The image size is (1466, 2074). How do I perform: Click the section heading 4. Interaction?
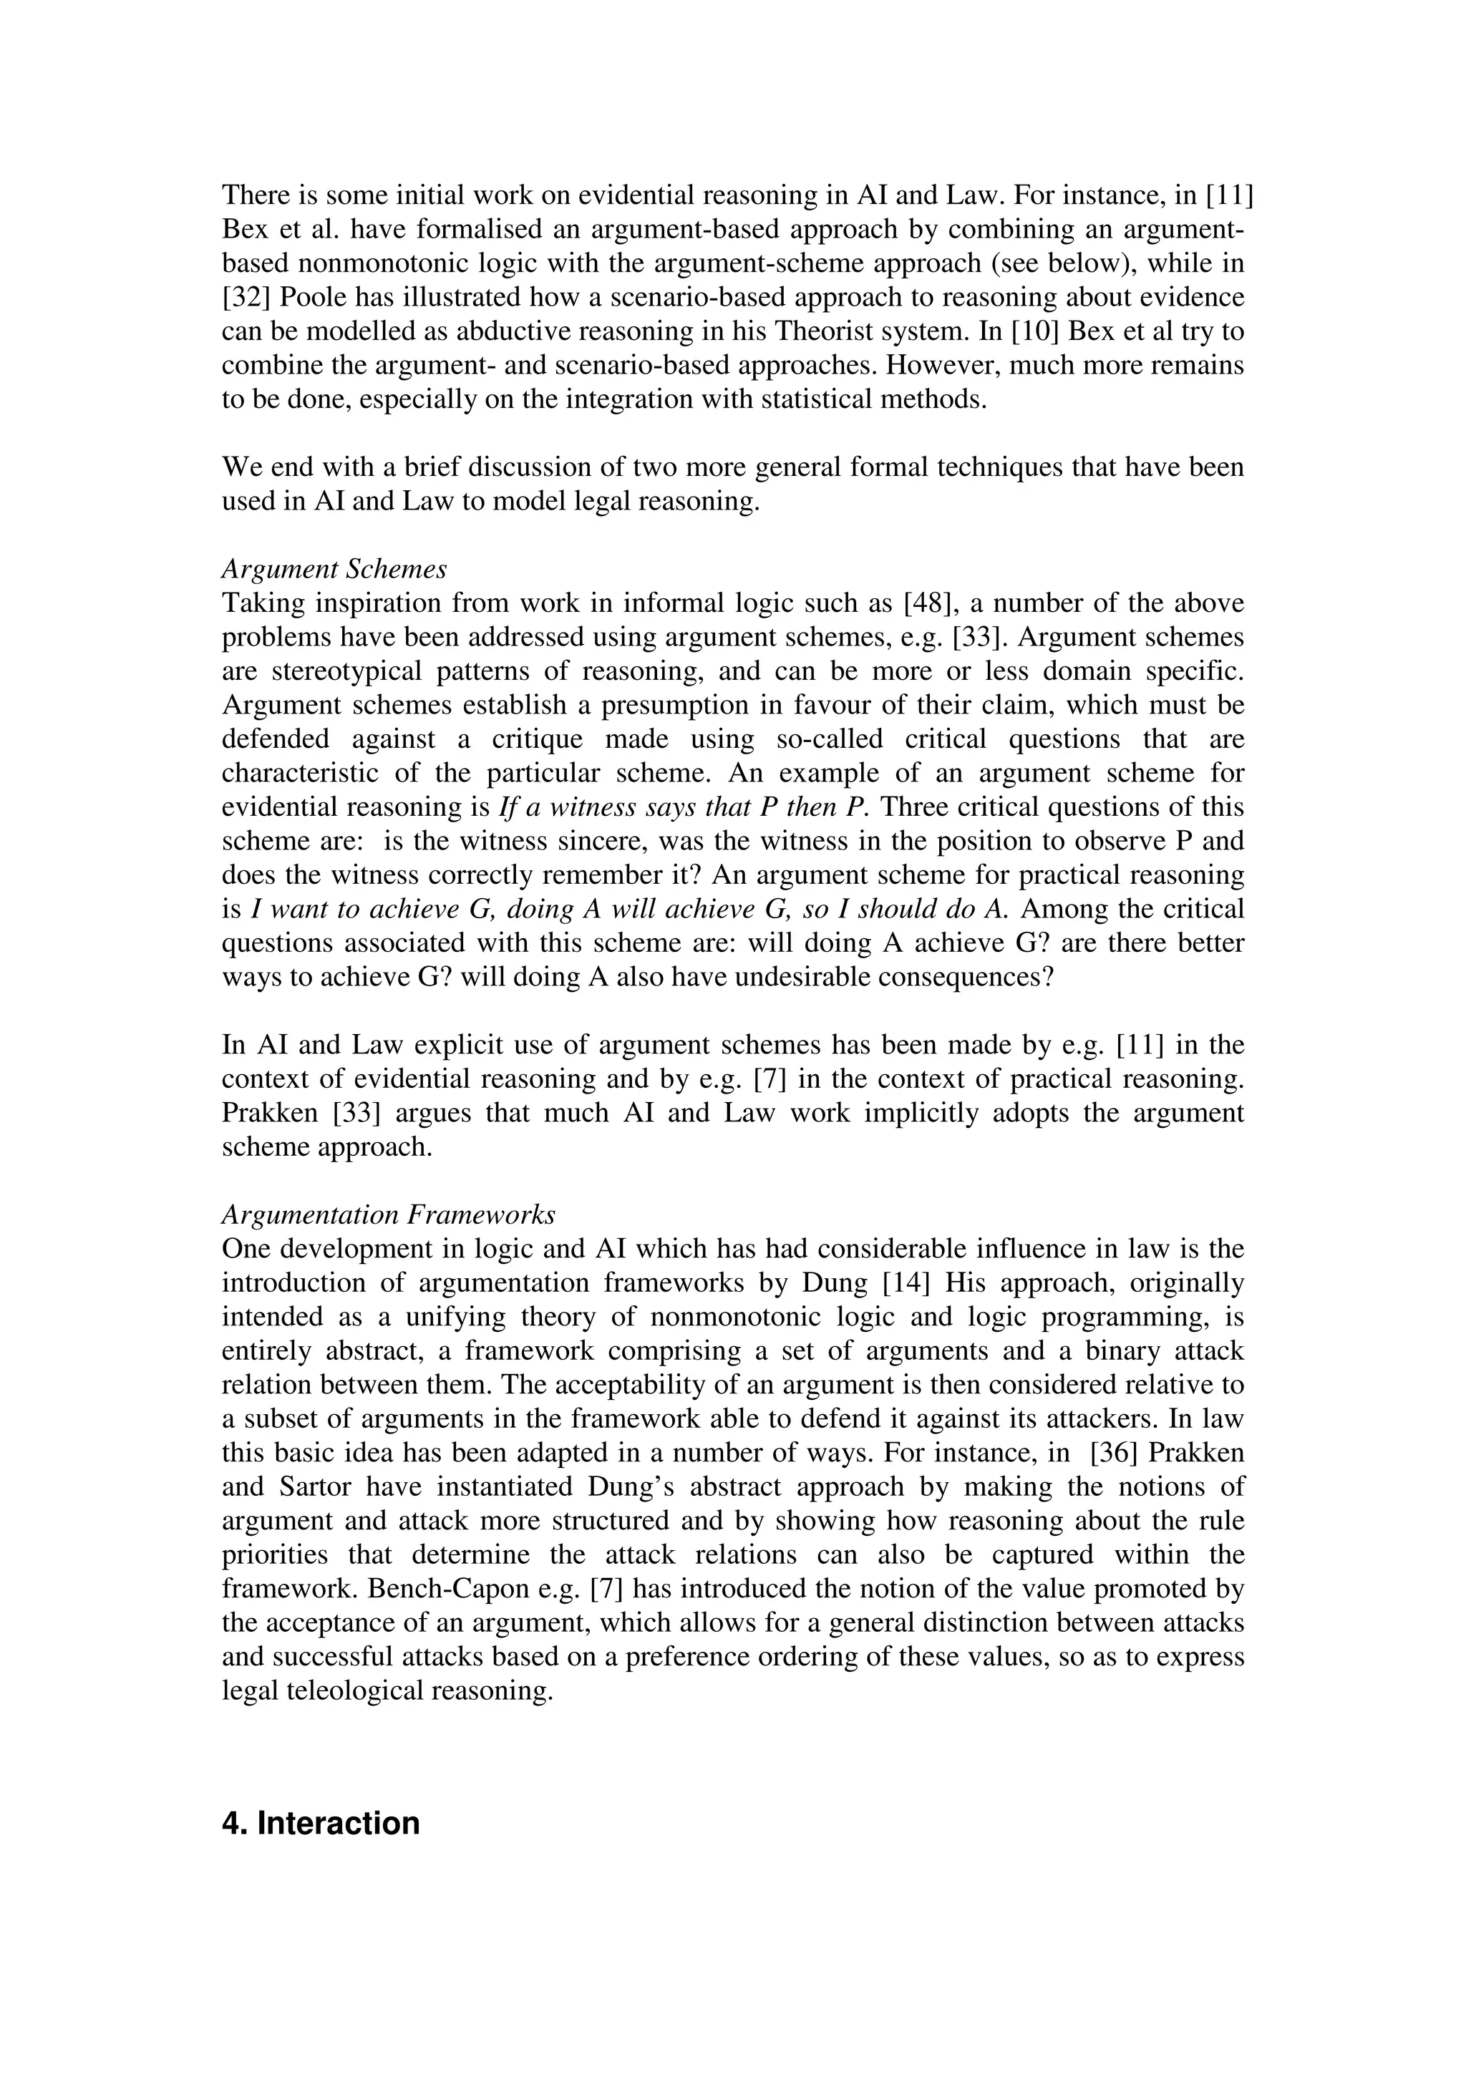(321, 1823)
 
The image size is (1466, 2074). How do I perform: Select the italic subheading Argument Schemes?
(334, 569)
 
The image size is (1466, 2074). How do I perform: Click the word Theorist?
(827, 331)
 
